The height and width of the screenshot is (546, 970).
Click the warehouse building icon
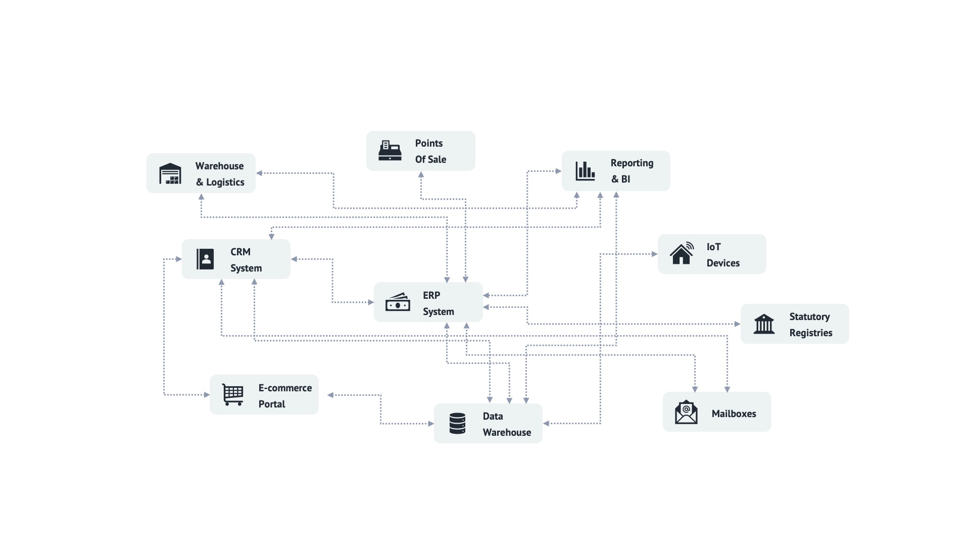(x=170, y=173)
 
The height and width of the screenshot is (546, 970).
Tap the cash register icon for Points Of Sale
(x=390, y=151)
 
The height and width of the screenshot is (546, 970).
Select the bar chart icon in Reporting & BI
(x=585, y=171)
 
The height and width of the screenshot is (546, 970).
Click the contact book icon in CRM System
(x=205, y=259)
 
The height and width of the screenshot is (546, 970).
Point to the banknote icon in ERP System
(x=398, y=302)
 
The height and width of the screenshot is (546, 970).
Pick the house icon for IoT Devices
(x=682, y=253)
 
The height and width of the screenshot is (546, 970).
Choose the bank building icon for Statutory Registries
(x=764, y=324)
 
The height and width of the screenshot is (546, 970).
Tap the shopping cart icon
(x=233, y=395)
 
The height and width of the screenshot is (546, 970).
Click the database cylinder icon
(x=457, y=424)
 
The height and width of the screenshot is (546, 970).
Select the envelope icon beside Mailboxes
(x=686, y=412)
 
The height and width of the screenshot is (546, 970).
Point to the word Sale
(x=437, y=159)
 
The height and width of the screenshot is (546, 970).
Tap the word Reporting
(x=632, y=163)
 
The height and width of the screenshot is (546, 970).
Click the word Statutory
(x=809, y=316)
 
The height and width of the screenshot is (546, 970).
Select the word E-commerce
(x=285, y=388)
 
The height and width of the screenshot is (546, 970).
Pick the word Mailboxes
(x=734, y=414)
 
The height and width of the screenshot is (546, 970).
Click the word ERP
(x=431, y=295)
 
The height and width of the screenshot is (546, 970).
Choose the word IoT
(x=713, y=247)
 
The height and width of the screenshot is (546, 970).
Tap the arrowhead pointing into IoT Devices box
(x=655, y=254)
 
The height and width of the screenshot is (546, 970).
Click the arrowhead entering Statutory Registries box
(x=738, y=324)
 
